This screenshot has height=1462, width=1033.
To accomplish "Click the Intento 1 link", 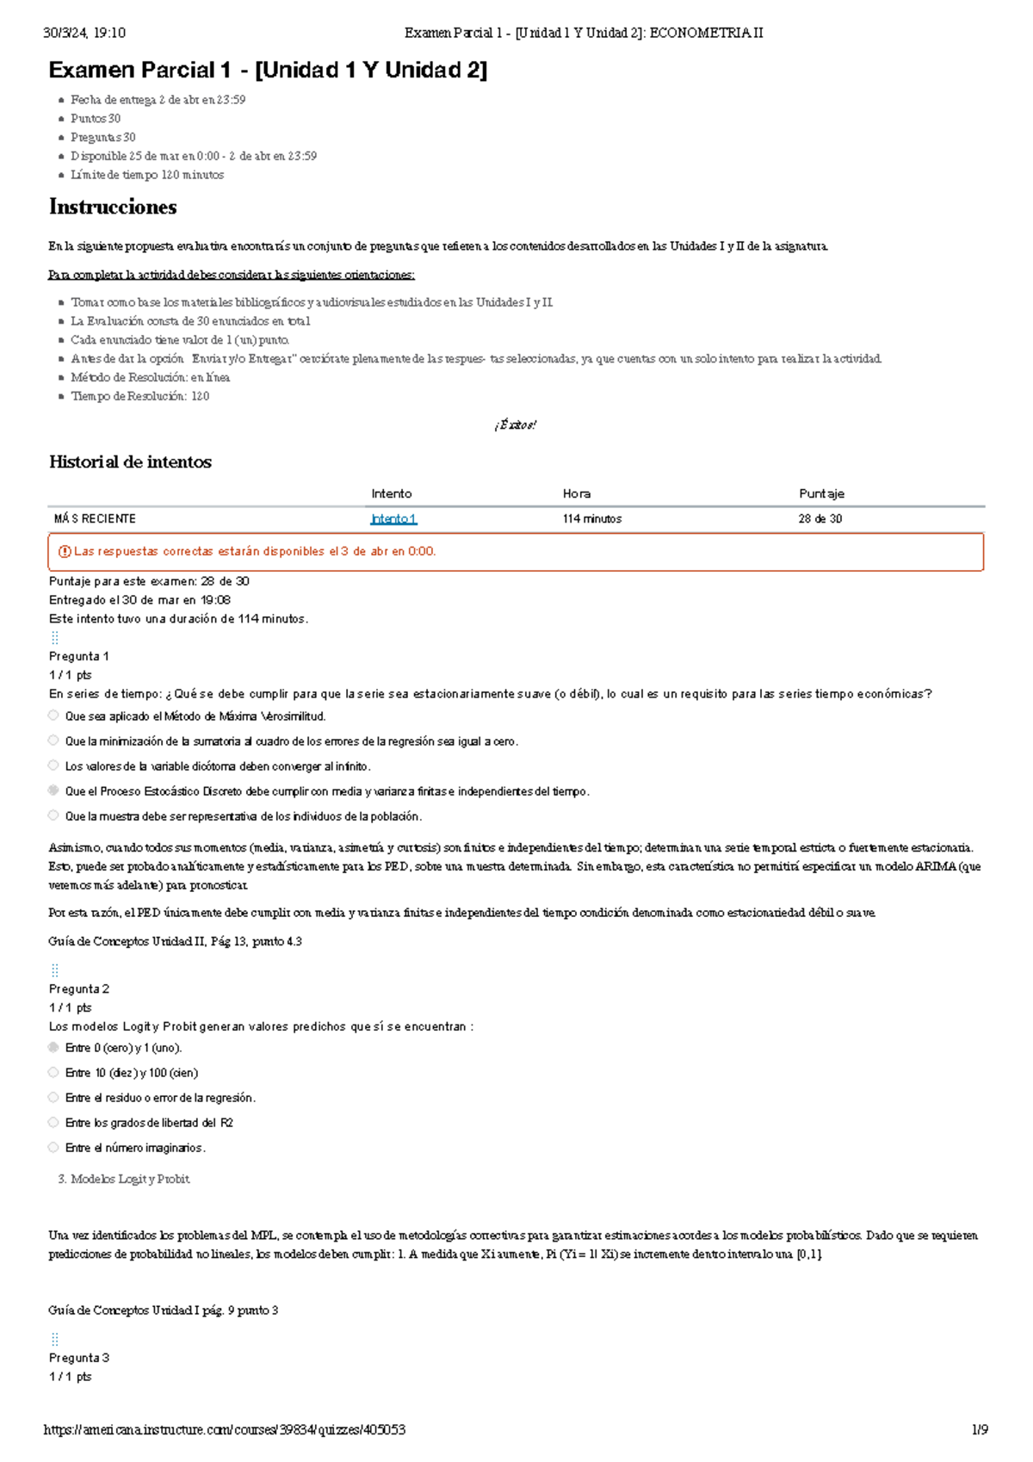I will tap(393, 518).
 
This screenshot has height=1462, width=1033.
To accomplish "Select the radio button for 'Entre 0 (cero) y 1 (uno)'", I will tap(53, 1048).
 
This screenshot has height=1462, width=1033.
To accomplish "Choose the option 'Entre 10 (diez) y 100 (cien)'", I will tap(53, 1073).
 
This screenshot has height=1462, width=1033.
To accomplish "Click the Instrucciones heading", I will tap(113, 207).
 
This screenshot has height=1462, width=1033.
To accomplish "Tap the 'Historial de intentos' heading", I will tap(130, 462).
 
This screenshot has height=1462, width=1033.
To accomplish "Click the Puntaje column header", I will tap(821, 493).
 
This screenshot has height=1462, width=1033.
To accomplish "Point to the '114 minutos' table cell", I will tap(591, 518).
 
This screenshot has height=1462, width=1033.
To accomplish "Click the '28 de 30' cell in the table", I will tap(820, 518).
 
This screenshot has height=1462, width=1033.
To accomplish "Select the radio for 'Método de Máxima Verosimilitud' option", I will tap(53, 716).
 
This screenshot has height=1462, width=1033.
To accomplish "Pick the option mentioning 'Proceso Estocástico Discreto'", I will tap(53, 790).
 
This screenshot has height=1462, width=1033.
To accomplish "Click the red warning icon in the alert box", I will tap(64, 552).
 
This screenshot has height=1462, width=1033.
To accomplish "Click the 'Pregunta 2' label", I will tap(79, 988).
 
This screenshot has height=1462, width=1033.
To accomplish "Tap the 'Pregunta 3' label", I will tap(79, 1358).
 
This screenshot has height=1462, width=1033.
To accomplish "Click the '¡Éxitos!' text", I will tap(516, 424).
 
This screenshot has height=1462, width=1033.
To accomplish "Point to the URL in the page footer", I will tap(224, 1430).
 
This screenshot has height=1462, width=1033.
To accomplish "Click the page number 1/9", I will tap(980, 1430).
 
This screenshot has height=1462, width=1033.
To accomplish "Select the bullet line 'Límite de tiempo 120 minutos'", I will tap(147, 175).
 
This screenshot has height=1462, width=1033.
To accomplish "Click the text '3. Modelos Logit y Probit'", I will tap(123, 1180).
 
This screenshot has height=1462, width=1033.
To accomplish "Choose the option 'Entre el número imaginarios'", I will tap(53, 1148).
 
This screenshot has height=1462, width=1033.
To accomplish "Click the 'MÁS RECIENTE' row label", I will tap(95, 518).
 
